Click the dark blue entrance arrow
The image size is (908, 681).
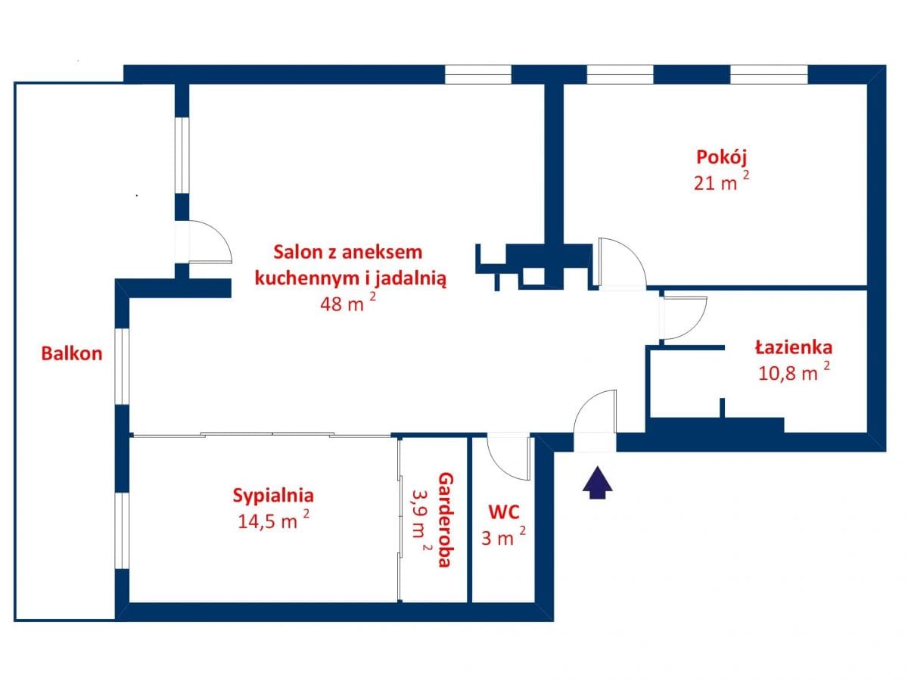(597, 483)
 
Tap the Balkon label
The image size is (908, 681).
(72, 353)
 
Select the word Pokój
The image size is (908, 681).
(721, 158)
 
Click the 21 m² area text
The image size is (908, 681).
(721, 181)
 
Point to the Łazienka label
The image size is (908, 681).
(794, 348)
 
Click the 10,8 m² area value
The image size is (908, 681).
(794, 372)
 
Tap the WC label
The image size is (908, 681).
(504, 512)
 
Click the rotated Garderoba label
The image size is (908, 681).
(446, 520)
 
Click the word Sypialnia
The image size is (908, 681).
(273, 496)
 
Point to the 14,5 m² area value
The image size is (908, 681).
(273, 520)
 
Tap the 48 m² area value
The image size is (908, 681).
(348, 303)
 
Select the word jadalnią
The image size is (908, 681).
(410, 278)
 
